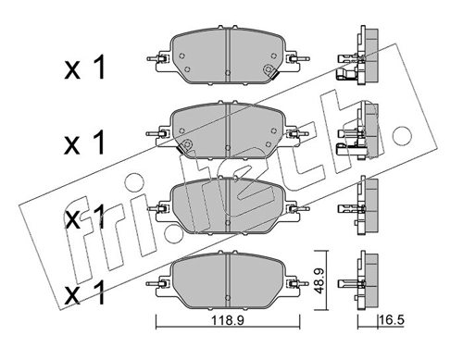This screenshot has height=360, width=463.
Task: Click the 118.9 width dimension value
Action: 228,320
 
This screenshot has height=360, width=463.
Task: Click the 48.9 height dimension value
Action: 319,280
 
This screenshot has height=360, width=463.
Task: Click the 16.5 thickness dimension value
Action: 392,320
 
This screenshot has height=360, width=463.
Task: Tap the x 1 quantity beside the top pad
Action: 85,68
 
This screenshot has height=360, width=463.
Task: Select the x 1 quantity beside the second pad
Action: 85,143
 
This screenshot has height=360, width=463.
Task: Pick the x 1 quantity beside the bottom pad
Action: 85,292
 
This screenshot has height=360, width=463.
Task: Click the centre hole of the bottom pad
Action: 228,297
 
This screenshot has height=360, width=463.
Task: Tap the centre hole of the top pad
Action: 228,72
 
